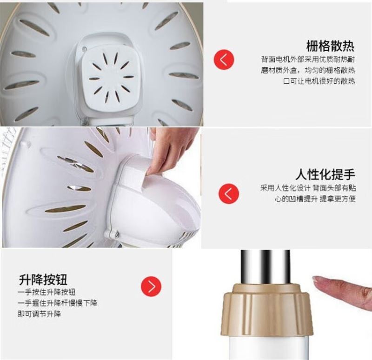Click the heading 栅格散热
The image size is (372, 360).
(330, 46)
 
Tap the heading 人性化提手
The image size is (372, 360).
(325, 174)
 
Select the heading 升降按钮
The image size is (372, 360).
(43, 280)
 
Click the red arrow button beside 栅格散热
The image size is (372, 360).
(224, 60)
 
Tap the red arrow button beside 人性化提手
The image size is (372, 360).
(229, 193)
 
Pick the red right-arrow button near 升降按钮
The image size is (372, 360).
(151, 286)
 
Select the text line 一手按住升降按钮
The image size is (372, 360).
(46, 292)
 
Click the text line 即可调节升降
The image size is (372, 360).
(40, 314)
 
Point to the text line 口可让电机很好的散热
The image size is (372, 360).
(319, 81)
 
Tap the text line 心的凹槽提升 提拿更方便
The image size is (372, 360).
(315, 199)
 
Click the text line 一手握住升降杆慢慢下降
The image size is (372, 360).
(57, 303)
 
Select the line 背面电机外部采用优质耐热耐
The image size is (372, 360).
(308, 59)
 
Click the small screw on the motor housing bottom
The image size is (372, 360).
(117, 234)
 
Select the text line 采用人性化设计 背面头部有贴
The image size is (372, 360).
(308, 188)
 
